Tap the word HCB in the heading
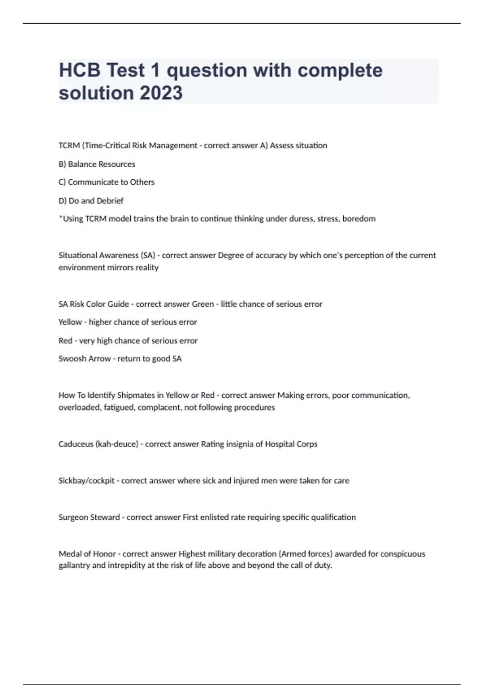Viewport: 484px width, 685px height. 79,70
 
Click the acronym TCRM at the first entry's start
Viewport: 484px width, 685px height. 69,145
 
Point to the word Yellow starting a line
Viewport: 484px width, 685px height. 70,322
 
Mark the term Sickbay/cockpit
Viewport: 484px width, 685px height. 86,481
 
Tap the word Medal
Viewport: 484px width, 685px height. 70,554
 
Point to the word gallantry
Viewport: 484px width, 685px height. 74,565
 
